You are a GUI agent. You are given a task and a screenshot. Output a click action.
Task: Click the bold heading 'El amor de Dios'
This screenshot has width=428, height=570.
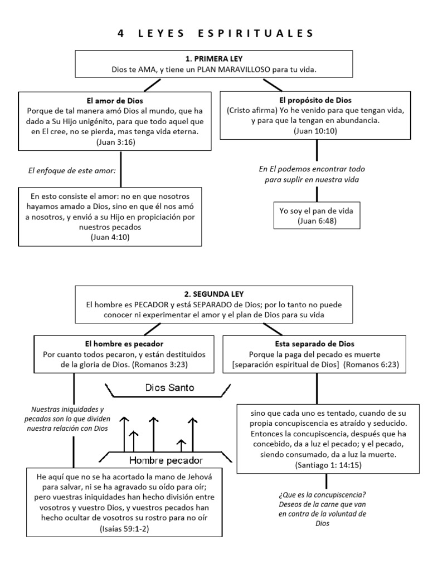tap(115, 101)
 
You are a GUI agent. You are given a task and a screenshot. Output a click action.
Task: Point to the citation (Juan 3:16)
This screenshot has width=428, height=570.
tap(115, 142)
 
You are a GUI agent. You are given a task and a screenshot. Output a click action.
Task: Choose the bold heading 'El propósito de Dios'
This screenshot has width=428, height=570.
tap(316, 101)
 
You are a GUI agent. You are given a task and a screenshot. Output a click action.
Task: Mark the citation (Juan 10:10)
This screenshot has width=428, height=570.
tap(316, 132)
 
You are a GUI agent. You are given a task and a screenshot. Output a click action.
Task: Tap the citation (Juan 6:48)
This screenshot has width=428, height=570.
tap(316, 221)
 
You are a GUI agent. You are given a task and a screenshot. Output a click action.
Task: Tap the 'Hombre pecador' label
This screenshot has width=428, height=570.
tap(166, 460)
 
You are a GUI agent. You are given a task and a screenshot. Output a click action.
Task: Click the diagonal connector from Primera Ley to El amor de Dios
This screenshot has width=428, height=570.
tap(151, 85)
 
